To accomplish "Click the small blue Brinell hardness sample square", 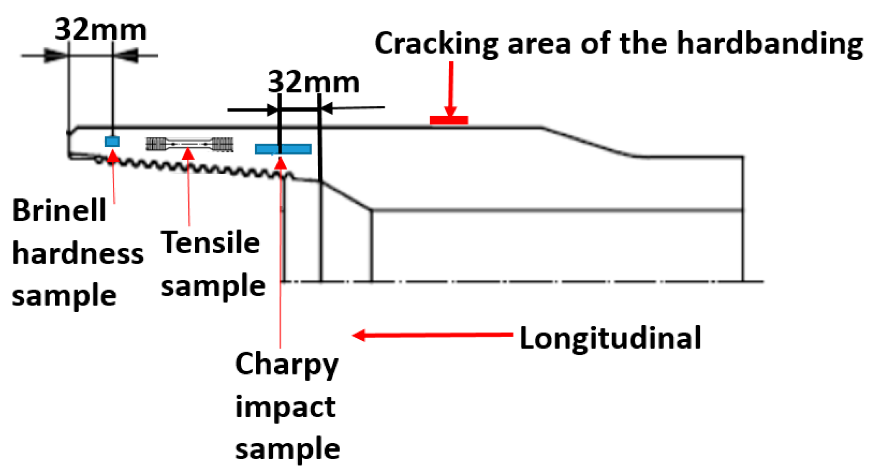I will (x=112, y=141).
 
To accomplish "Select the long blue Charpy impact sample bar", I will (x=283, y=149).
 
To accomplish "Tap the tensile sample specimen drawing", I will (x=189, y=144).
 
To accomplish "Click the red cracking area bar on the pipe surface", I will (x=449, y=121).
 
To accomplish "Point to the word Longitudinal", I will (x=610, y=338).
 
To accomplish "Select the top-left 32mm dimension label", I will (x=100, y=30).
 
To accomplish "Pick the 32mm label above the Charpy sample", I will (x=313, y=82).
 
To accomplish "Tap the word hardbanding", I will (x=770, y=44).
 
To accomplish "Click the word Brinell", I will (x=59, y=210).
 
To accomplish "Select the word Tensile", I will (x=210, y=243).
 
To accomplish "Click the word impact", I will (x=285, y=407).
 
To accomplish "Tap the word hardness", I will (x=78, y=254).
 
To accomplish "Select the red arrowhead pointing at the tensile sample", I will (x=188, y=154).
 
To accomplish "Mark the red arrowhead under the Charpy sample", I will (x=281, y=162).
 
